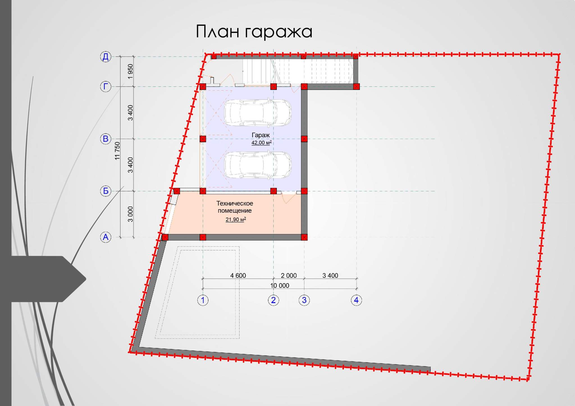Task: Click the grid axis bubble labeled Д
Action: click(x=106, y=57)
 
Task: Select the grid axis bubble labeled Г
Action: click(x=106, y=86)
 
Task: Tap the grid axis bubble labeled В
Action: click(x=106, y=139)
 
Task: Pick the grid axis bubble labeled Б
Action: click(x=106, y=191)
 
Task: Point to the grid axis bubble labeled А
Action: click(x=106, y=237)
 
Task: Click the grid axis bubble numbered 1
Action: click(x=203, y=300)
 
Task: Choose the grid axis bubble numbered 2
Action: click(x=273, y=300)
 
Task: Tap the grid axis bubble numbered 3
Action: click(x=304, y=300)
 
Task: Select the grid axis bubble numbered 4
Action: click(x=356, y=300)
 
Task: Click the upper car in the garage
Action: click(x=258, y=113)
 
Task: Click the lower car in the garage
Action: click(x=258, y=165)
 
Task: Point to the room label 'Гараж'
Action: click(x=261, y=135)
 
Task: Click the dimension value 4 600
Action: click(x=238, y=276)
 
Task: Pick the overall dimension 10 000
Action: click(x=280, y=286)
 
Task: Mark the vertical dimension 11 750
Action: click(x=117, y=151)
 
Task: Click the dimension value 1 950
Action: click(x=130, y=72)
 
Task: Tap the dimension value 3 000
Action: click(x=130, y=214)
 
